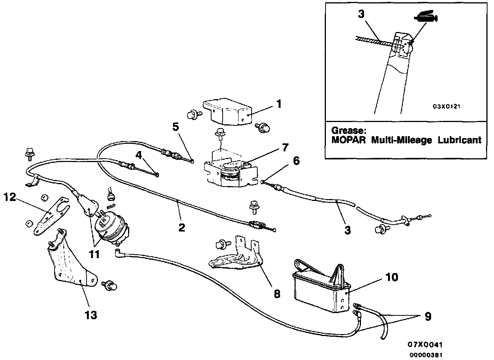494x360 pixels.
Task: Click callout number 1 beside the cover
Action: (279, 103)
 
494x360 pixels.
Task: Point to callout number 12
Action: (11, 197)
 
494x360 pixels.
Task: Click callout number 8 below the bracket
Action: (277, 294)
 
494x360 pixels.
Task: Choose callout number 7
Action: (285, 147)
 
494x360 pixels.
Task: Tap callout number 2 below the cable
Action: (182, 228)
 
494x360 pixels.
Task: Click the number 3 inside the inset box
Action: (361, 14)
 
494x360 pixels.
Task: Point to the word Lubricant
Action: (459, 140)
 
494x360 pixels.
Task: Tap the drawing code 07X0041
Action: (425, 344)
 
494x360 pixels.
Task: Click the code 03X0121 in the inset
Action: (446, 106)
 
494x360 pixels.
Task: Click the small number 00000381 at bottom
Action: (426, 355)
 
